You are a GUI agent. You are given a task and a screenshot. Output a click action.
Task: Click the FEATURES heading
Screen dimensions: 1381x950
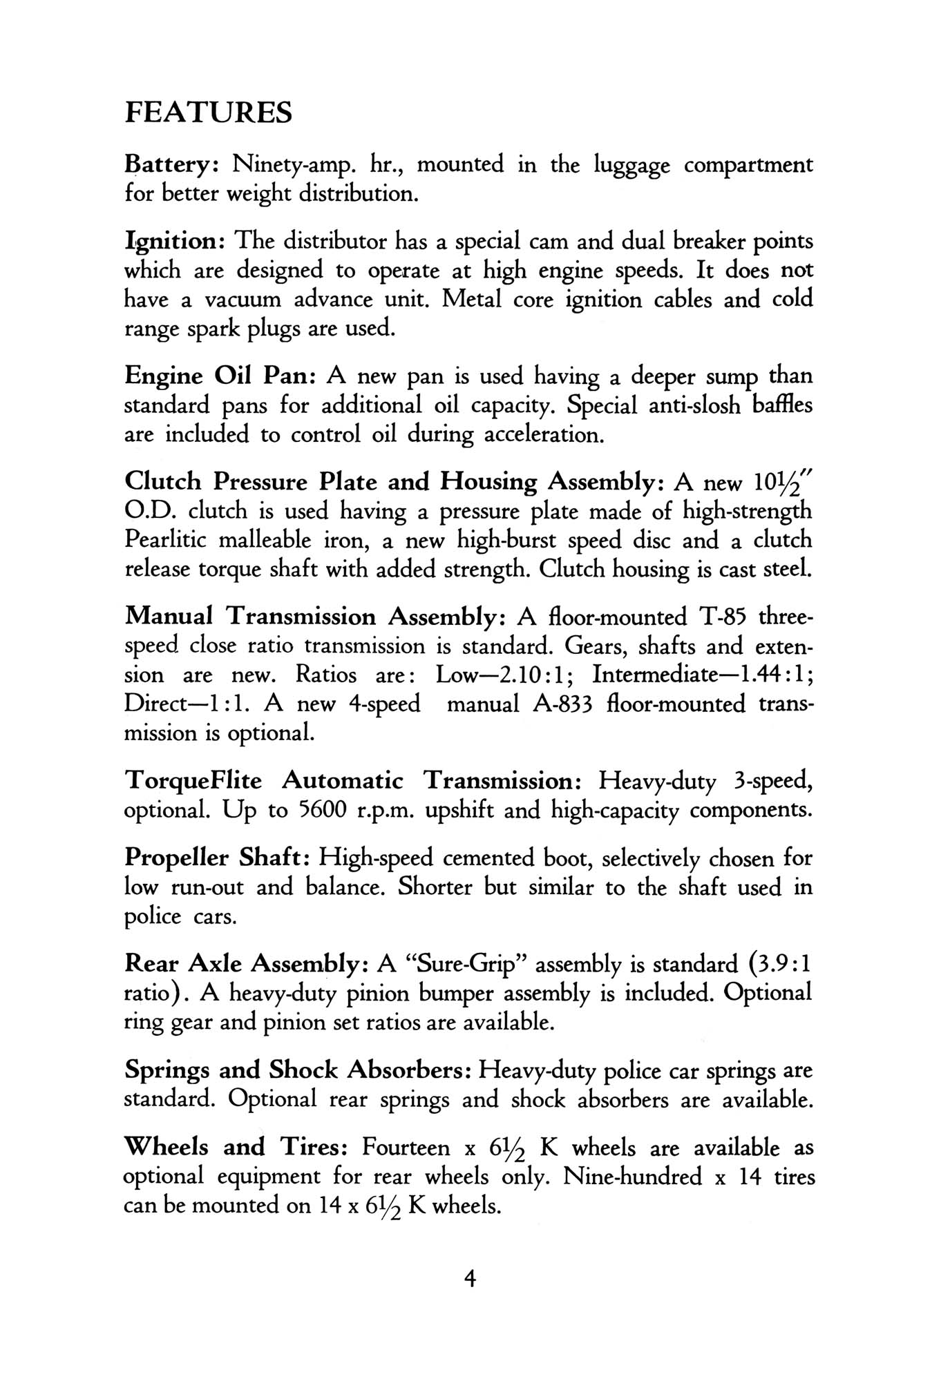tap(208, 113)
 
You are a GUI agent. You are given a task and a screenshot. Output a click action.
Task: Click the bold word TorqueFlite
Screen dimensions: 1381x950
tap(194, 781)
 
